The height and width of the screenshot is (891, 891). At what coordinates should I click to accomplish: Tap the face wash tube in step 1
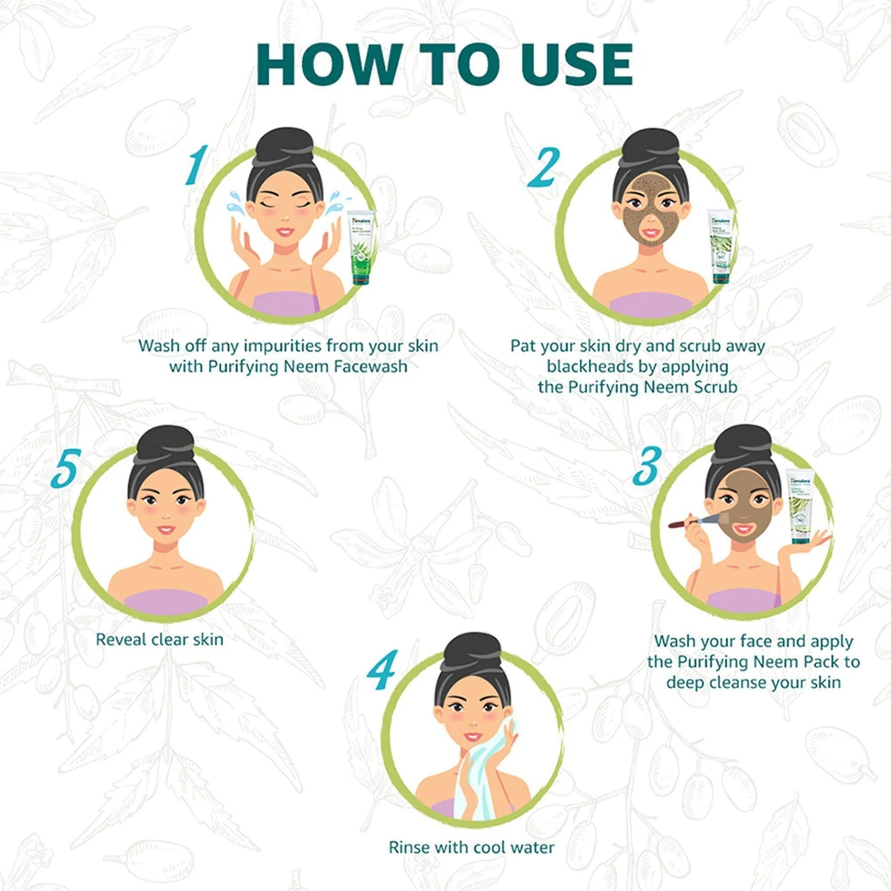[361, 247]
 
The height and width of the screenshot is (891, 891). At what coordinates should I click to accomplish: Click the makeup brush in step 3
[693, 521]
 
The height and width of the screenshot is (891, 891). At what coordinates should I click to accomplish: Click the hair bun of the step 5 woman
[165, 442]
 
